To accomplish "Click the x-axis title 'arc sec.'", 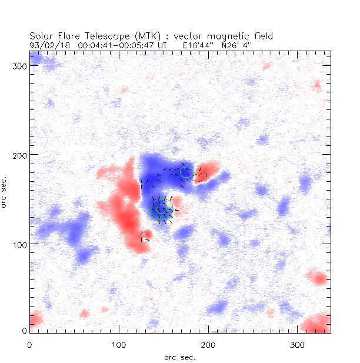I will (180, 357).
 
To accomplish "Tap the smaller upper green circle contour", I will (186, 172).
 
